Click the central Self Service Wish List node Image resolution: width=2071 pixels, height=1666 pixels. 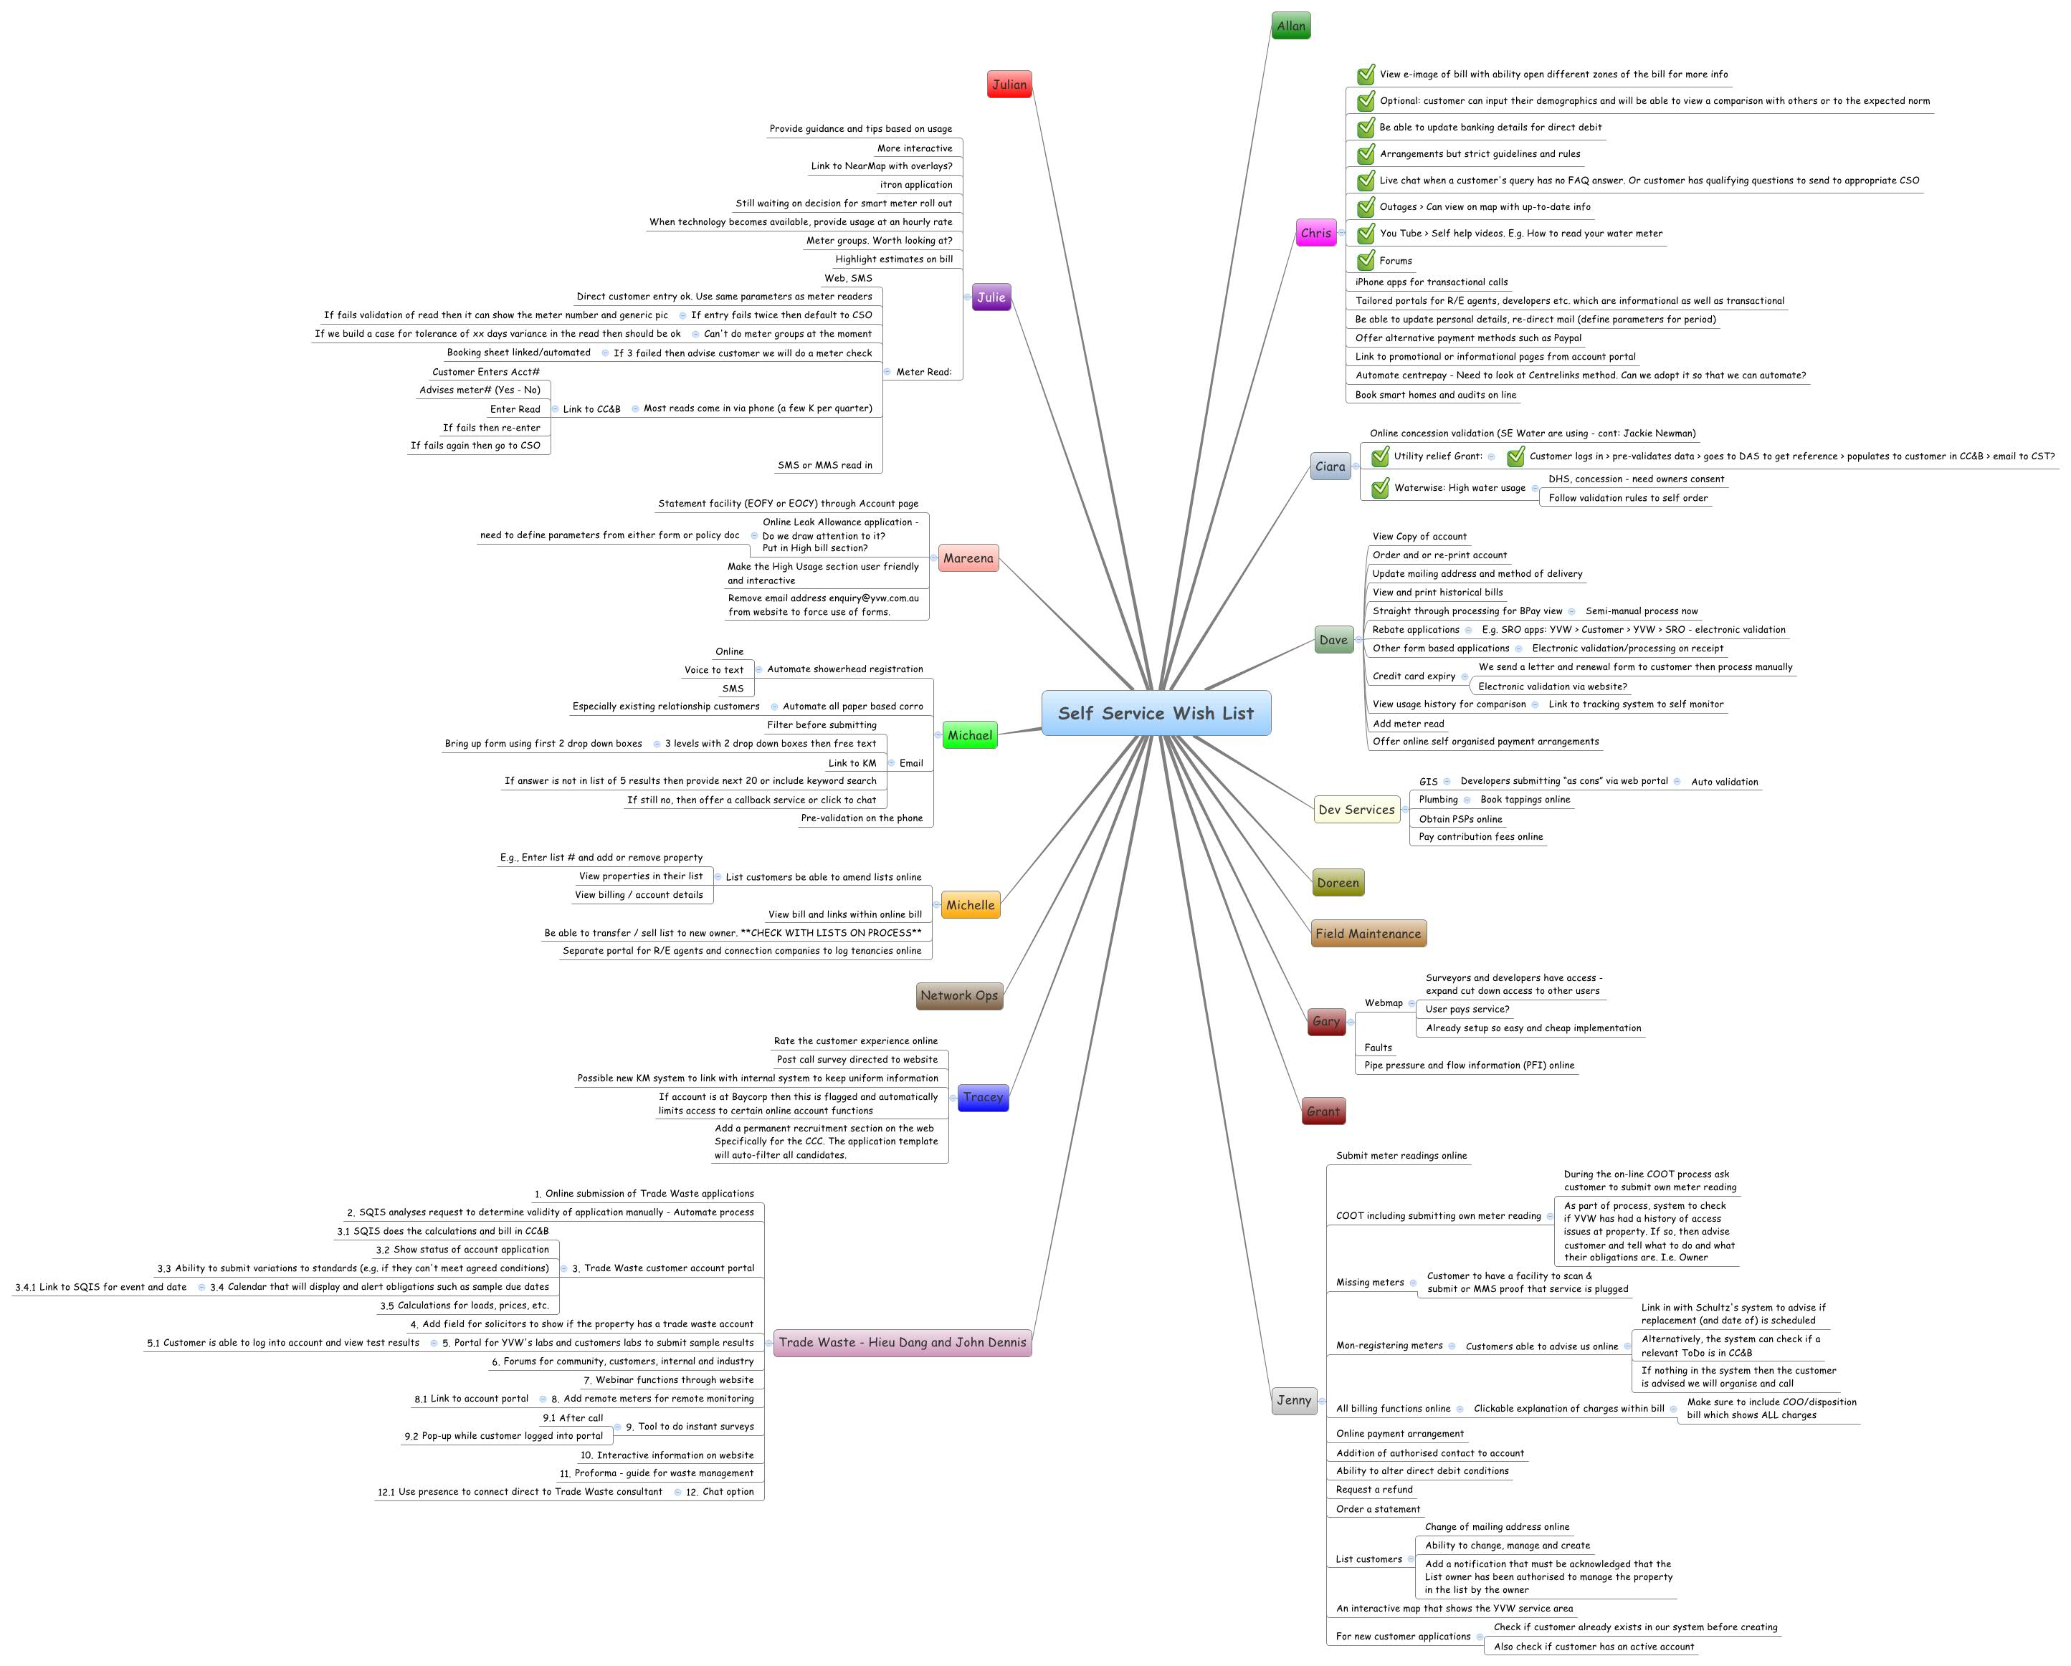(x=1156, y=714)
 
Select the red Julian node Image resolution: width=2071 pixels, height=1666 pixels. (x=1009, y=85)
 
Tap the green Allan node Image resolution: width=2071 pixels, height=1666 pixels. (x=1290, y=26)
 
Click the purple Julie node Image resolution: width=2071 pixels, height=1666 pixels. (x=991, y=297)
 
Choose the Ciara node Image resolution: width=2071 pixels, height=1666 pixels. (x=1330, y=466)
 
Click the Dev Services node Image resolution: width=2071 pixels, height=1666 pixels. (x=1356, y=810)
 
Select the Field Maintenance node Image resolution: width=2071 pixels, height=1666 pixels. (x=1367, y=934)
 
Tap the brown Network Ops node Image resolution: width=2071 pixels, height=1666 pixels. (x=958, y=996)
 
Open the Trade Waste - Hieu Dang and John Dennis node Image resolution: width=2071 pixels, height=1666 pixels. (x=902, y=1342)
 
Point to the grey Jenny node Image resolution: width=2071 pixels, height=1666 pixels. (x=1293, y=1400)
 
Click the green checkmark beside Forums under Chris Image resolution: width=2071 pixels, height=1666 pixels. (x=1366, y=260)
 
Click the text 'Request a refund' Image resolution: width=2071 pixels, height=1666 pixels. (x=1373, y=1489)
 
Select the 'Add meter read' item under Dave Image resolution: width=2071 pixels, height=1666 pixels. (x=1407, y=724)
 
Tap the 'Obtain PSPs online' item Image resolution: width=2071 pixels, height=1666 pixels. (x=1460, y=819)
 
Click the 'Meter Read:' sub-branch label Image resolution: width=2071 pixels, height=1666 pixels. (x=923, y=372)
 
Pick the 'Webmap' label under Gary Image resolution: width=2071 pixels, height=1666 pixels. (x=1384, y=1002)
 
